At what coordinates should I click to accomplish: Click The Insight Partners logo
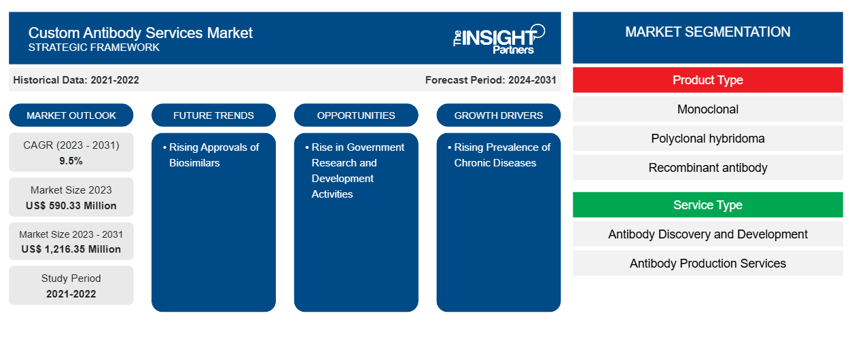pos(499,39)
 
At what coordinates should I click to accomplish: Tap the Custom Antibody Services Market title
pos(141,33)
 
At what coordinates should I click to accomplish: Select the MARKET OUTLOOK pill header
pos(71,115)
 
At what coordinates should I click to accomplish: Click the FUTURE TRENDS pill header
pos(213,115)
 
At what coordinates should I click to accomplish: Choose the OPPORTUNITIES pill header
pos(356,115)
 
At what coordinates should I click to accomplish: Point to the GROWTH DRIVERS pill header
pos(498,115)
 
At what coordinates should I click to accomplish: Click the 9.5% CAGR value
pos(71,161)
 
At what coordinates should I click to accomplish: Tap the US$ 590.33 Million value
pos(71,206)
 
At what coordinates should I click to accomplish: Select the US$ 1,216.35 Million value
pos(71,249)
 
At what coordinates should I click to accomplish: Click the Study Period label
pos(71,278)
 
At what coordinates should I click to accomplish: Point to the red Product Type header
pos(708,80)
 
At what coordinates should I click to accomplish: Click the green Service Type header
pos(708,205)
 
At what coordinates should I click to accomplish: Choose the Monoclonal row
pos(708,109)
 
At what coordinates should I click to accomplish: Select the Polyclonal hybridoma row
pos(708,139)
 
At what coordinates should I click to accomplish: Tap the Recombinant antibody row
pos(708,168)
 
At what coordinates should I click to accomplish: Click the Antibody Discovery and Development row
pos(708,234)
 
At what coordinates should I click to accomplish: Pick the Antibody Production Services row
pos(708,263)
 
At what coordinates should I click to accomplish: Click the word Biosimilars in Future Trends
pos(194,163)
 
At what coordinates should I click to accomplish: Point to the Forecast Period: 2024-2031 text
pos(491,80)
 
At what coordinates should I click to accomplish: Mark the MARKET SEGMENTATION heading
pos(708,32)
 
